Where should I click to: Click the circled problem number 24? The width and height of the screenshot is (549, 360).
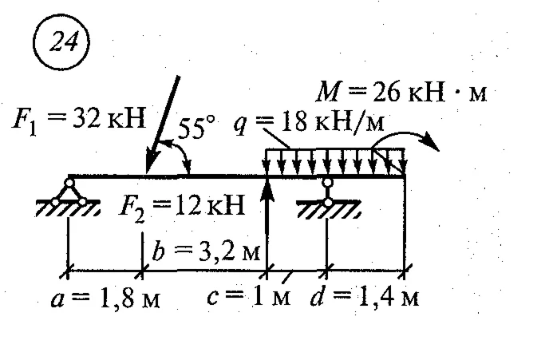click(x=61, y=43)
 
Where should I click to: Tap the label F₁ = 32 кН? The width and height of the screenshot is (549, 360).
click(x=79, y=121)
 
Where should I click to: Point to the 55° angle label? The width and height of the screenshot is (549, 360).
click(x=196, y=126)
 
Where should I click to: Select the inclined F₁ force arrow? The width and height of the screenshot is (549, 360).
click(x=163, y=125)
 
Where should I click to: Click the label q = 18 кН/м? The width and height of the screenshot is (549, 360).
click(x=309, y=122)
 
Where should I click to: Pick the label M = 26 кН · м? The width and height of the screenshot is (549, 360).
click(x=401, y=92)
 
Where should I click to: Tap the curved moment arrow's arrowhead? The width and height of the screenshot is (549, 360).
click(x=430, y=141)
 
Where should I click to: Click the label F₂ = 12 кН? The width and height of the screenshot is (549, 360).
click(x=182, y=206)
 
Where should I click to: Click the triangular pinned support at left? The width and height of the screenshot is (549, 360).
click(x=69, y=192)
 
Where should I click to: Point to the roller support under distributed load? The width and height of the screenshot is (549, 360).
click(x=328, y=192)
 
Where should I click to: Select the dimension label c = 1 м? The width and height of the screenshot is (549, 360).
click(x=249, y=297)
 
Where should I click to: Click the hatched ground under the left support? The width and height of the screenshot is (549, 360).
click(x=69, y=208)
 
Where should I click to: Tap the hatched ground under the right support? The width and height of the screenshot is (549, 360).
click(x=329, y=209)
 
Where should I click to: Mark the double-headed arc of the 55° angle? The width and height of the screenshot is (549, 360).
click(x=176, y=154)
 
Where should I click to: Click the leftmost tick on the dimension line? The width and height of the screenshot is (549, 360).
click(x=68, y=271)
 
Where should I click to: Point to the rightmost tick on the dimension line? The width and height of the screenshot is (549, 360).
click(x=405, y=271)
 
